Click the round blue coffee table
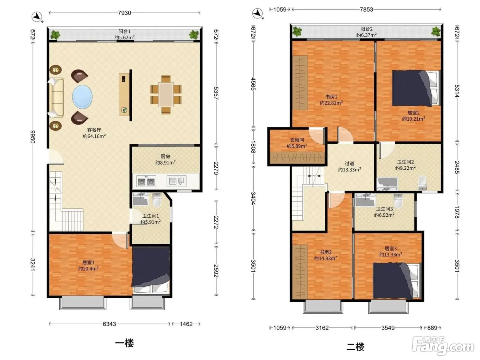pos(82,96)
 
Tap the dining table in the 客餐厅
pos(166,94)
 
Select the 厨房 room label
pos(165,156)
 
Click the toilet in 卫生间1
pos(157,200)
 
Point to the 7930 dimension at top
pos(124,13)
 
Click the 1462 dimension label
pos(186,324)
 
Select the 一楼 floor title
pos(124,343)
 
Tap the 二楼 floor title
pos(355,347)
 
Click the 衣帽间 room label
pos(297,140)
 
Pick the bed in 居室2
pos(416,88)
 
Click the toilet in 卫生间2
pos(422,183)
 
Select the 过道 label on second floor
pos(349,164)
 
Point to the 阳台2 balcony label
pos(367,29)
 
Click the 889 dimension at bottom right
pos(432,328)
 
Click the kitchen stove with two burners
pos(146,181)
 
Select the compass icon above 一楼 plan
pos(37,16)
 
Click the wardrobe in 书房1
pos(300,83)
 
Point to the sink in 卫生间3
pos(365,200)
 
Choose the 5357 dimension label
pos(216,93)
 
